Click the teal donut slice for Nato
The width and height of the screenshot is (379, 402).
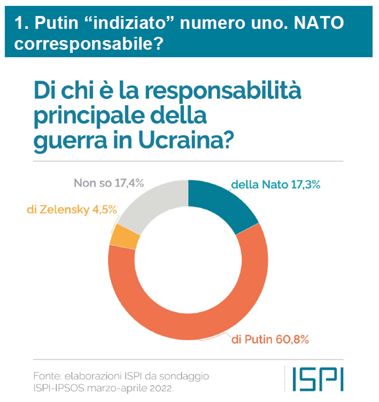pyautogui.click(x=220, y=203)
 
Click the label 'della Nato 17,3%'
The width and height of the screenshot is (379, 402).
pyautogui.click(x=276, y=184)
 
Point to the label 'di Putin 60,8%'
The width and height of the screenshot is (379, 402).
pyautogui.click(x=271, y=340)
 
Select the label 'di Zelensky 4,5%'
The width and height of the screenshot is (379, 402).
pyautogui.click(x=72, y=210)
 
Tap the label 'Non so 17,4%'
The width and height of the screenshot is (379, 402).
pyautogui.click(x=108, y=183)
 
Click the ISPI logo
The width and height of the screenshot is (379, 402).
pyautogui.click(x=318, y=379)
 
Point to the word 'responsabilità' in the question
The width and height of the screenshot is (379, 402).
pyautogui.click(x=223, y=91)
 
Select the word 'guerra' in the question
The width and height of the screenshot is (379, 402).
pyautogui.click(x=70, y=141)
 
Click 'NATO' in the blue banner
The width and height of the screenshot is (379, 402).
pyautogui.click(x=319, y=23)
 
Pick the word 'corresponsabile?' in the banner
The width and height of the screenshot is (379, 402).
pyautogui.click(x=89, y=44)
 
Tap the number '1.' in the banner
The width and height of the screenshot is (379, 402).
pyautogui.click(x=22, y=23)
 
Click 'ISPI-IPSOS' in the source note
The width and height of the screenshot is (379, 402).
pyautogui.click(x=59, y=388)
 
